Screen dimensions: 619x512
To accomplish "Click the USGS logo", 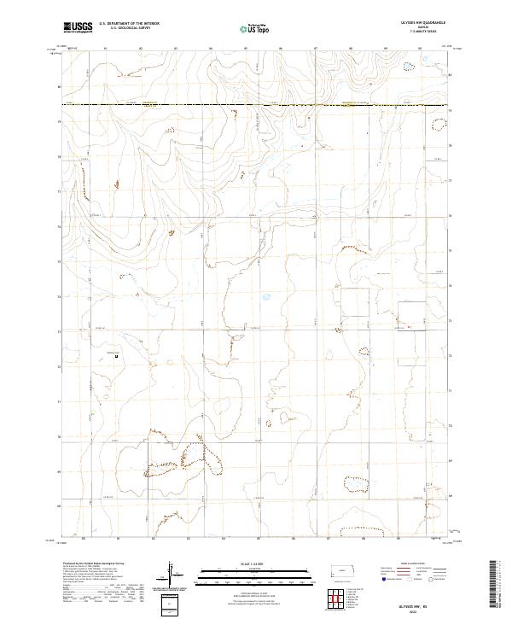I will pos(78,28).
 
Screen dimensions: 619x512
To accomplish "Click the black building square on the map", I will pos(116,358).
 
